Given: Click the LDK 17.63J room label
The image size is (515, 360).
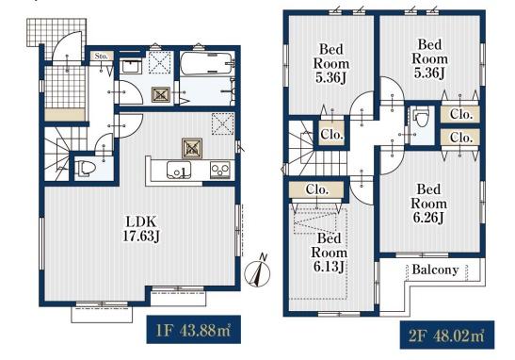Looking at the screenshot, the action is pos(141,229).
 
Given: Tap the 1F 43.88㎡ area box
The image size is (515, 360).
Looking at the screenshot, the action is pos(193,330).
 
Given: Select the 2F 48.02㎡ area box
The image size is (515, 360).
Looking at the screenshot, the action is pos(447,335).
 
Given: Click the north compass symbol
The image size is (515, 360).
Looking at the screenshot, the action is pos(258,271).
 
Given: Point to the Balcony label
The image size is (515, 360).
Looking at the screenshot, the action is pos(435,270).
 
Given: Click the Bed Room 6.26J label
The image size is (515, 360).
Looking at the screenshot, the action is pos(428,204).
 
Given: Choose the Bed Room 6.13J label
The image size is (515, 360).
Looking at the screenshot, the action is pos(330,253).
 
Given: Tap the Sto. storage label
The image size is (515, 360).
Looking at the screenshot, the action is pos(101,56).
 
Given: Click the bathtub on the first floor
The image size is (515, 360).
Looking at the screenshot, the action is pos(206,64).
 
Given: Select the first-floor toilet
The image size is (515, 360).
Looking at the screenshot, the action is pos(85,169).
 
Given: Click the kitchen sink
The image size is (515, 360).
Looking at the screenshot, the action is pos(179,171).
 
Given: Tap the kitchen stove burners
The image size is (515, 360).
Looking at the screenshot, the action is pos(220,171).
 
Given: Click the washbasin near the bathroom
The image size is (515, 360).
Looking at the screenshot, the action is pos(132,67).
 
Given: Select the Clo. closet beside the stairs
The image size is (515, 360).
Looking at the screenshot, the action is pos(332,134).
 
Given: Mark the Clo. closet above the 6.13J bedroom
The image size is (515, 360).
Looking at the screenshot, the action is pos(317,190).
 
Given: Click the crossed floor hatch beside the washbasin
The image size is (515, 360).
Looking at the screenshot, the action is pos(161,95).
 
